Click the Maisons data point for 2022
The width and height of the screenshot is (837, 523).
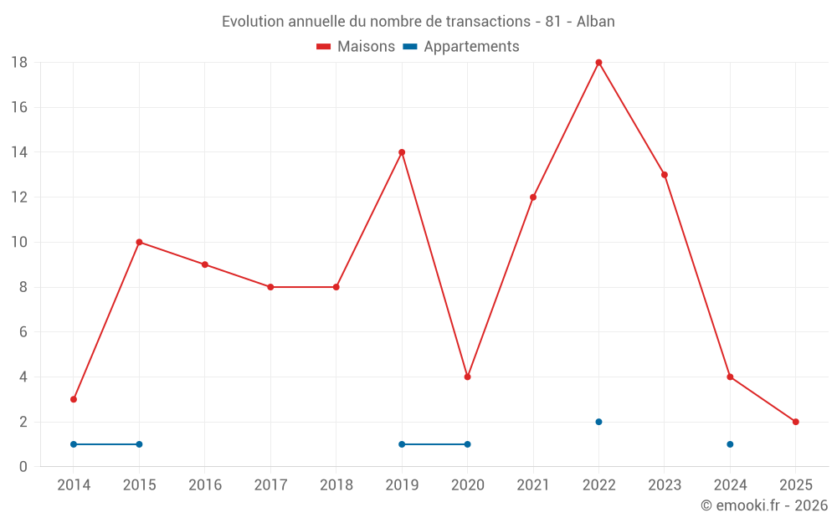598,63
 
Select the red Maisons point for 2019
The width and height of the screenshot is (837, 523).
402,152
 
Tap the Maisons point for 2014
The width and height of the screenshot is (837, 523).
74,399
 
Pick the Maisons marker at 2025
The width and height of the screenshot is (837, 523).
795,422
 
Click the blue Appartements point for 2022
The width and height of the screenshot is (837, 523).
598,422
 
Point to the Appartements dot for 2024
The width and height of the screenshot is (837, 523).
730,444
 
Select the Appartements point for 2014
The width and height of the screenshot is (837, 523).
74,444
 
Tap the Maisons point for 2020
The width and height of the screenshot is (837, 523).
467,377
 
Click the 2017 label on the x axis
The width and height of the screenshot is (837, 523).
270,485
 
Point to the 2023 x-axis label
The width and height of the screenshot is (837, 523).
664,485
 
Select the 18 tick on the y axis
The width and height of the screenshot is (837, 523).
19,63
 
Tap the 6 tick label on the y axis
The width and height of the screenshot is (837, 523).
23,332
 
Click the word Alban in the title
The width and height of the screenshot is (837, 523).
595,22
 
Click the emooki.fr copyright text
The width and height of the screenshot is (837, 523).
764,505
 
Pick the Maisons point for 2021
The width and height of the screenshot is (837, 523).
533,197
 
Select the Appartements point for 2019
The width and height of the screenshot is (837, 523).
402,444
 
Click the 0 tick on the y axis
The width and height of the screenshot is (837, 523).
23,467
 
